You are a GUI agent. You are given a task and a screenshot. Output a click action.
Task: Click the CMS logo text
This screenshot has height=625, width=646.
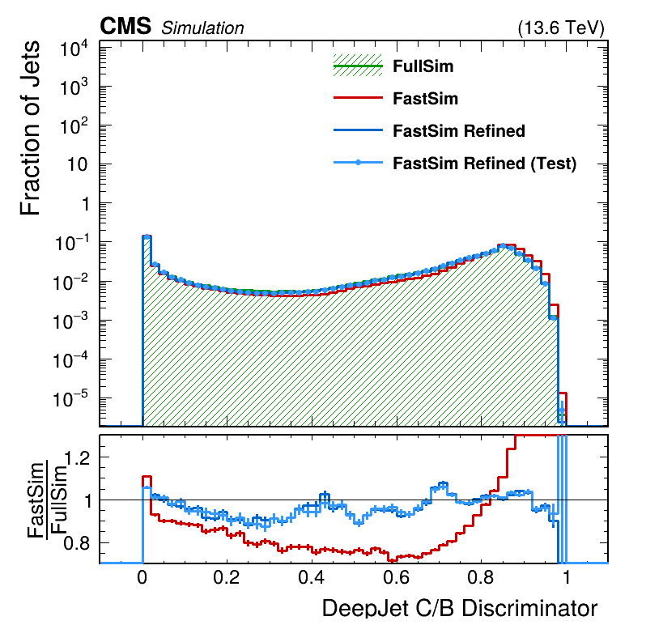coord(125,27)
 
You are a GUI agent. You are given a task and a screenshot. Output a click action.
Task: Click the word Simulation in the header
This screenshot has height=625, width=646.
coord(202,28)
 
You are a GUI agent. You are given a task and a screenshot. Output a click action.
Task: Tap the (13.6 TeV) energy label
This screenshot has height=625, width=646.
coord(560,28)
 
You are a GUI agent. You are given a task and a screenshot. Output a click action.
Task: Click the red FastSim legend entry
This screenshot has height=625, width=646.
coord(425,99)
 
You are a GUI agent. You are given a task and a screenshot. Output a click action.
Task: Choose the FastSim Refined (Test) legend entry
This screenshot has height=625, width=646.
coord(484,164)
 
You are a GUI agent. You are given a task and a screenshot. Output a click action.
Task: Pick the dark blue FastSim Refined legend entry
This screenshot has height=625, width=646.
coord(458,131)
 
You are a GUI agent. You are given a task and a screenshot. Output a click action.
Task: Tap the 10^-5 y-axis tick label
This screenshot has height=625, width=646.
coord(72,399)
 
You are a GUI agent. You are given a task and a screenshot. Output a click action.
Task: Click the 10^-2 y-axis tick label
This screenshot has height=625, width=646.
coord(72,283)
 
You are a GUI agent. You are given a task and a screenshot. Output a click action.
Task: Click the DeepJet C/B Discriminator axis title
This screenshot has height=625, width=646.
coord(460,609)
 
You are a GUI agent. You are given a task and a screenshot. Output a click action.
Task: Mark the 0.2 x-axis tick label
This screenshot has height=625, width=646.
coord(227,580)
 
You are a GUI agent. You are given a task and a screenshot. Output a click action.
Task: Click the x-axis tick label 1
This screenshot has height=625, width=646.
coord(566,580)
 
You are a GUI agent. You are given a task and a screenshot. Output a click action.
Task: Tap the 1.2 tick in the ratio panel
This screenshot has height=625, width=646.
coord(79,458)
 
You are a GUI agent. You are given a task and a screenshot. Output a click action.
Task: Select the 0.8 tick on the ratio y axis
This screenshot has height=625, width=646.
coord(79,542)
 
